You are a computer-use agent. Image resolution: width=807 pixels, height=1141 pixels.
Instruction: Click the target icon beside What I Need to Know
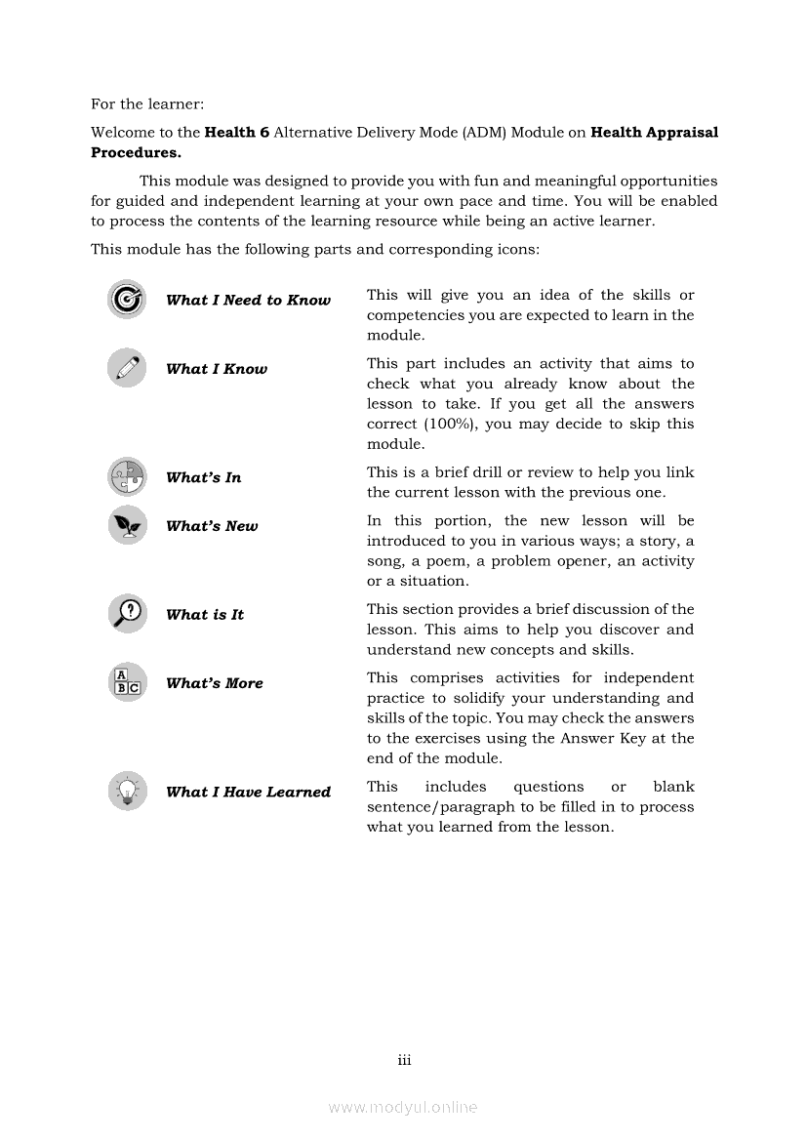click(x=127, y=300)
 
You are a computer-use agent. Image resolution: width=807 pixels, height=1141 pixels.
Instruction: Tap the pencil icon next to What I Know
click(x=127, y=368)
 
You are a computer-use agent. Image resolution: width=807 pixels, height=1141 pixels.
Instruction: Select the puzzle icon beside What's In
click(x=127, y=477)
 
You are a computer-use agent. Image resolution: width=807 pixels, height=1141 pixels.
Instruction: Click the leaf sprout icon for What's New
click(x=127, y=525)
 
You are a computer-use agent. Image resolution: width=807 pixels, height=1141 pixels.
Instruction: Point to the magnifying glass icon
click(x=127, y=614)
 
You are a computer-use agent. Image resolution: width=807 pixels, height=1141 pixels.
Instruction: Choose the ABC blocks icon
click(x=127, y=682)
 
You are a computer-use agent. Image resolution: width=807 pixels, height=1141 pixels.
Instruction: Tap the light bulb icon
click(x=127, y=791)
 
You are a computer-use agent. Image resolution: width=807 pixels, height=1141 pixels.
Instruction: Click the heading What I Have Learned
click(x=248, y=792)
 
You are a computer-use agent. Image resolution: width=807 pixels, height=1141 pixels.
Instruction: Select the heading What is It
click(x=205, y=615)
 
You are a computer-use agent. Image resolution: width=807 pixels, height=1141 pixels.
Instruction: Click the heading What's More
click(x=215, y=683)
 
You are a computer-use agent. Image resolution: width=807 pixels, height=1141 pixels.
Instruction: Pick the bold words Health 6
click(x=237, y=132)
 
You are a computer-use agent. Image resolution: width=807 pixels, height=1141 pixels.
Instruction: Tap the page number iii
click(x=404, y=1059)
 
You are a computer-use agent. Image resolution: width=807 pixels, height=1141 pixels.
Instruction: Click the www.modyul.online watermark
click(x=403, y=1108)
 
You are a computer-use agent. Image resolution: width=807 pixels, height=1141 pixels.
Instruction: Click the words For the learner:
click(x=147, y=103)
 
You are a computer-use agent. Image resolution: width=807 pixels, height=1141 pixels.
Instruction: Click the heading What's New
click(x=212, y=526)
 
